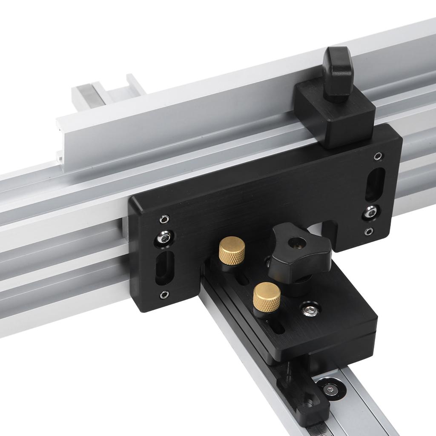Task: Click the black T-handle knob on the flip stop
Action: click(x=338, y=72)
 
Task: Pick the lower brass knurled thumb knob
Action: click(x=267, y=296)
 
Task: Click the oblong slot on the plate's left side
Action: click(x=165, y=267)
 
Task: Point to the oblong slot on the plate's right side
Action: click(x=375, y=184)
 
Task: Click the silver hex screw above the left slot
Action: click(x=164, y=238)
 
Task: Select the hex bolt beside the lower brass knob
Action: click(x=310, y=310)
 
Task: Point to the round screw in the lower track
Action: click(x=330, y=389)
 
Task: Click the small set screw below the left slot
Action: click(x=164, y=295)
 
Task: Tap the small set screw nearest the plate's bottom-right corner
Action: click(x=369, y=232)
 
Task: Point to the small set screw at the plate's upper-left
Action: click(x=164, y=219)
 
